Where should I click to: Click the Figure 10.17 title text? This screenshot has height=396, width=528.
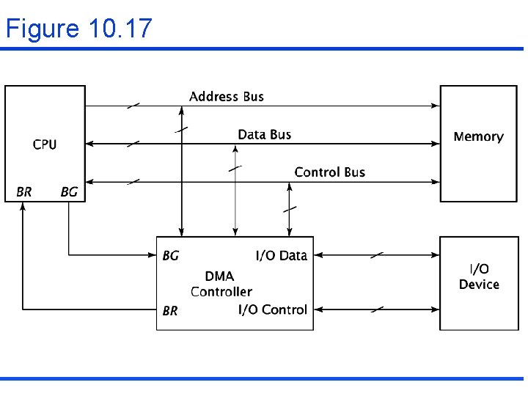coord(78,29)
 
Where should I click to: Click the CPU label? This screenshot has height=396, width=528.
coord(45,144)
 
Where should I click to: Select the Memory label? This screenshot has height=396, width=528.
coord(478,136)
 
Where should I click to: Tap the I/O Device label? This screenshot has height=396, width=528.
coord(479,277)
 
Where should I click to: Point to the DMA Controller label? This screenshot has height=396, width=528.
coord(221,284)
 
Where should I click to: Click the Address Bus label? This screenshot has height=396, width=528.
coord(226,96)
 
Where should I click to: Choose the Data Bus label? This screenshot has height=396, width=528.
coord(264,134)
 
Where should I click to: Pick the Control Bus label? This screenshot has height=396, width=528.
coord(329,172)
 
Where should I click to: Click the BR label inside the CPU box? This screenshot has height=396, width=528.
coord(24,192)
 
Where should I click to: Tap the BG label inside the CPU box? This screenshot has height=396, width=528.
coord(69,192)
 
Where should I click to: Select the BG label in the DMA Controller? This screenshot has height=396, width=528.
coord(170,256)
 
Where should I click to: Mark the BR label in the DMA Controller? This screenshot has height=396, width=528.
coord(170,311)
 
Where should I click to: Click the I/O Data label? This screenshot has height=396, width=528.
coord(281,256)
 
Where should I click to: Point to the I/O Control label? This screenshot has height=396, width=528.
coord(272,309)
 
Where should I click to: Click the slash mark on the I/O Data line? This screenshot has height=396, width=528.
coord(376,255)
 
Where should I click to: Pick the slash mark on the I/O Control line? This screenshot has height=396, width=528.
coord(376,309)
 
